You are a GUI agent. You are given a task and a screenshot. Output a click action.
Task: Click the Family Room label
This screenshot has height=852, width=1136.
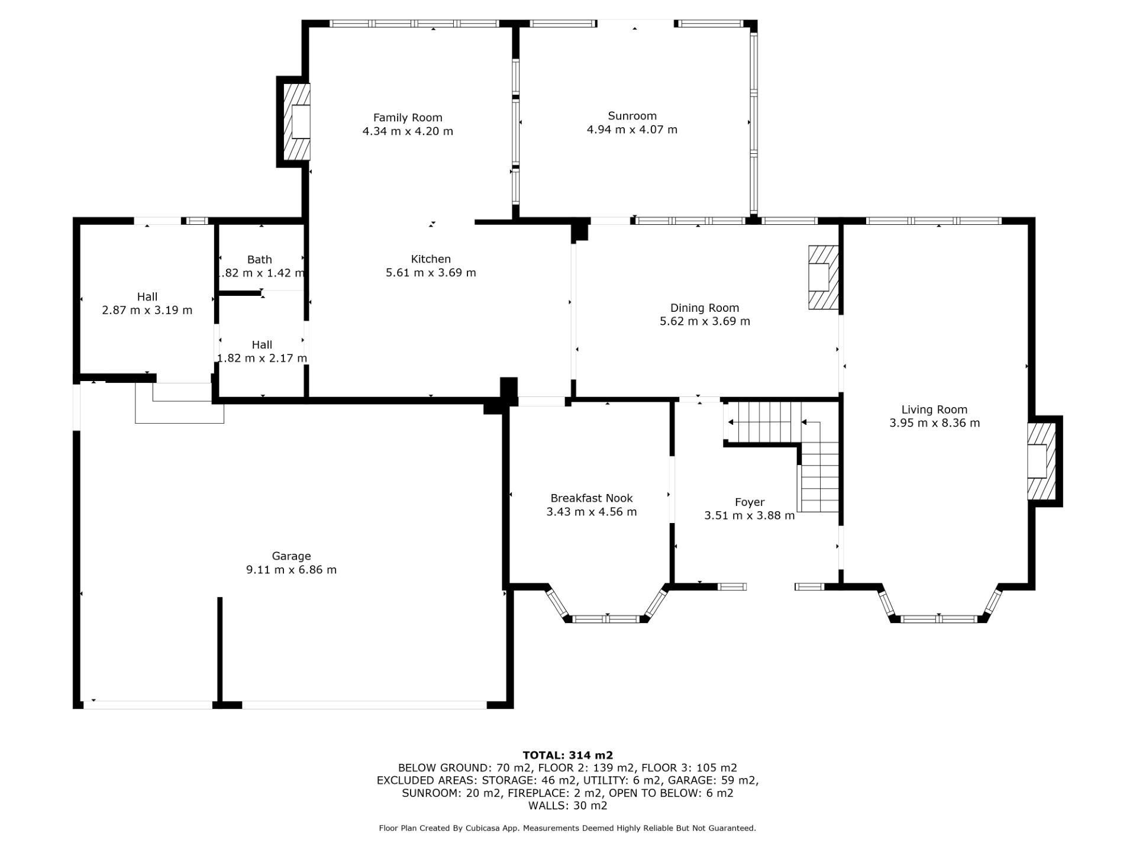coord(408,118)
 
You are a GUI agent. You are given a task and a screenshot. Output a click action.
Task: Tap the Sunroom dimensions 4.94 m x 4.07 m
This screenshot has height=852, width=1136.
coord(632,130)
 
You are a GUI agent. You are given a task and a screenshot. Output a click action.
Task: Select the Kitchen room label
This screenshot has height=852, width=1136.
coord(431,259)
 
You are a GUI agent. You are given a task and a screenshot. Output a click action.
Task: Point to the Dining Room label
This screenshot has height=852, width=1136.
coord(705,308)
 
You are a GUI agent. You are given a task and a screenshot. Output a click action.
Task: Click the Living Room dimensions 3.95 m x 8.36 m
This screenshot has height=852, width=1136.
coord(934,423)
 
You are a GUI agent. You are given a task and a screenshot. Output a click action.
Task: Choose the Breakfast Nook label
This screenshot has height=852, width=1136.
coord(592,498)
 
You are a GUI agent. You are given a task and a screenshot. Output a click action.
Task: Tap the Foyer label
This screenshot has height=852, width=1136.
coord(750,502)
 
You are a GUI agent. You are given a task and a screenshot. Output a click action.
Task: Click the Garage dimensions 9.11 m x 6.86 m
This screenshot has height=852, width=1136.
coord(291,570)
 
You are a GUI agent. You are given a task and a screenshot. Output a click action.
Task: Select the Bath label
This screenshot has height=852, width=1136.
coord(260,260)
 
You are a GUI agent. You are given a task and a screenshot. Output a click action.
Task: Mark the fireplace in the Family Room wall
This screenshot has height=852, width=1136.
coord(297,122)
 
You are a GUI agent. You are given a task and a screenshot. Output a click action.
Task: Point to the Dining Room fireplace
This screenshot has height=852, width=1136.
coord(824,277)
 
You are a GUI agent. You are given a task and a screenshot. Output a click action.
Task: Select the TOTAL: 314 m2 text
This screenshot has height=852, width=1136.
coord(567,756)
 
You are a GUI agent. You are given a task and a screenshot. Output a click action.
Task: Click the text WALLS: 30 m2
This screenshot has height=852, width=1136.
coord(567,806)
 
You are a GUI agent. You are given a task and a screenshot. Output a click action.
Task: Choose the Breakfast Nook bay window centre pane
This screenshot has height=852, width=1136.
coord(606,619)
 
